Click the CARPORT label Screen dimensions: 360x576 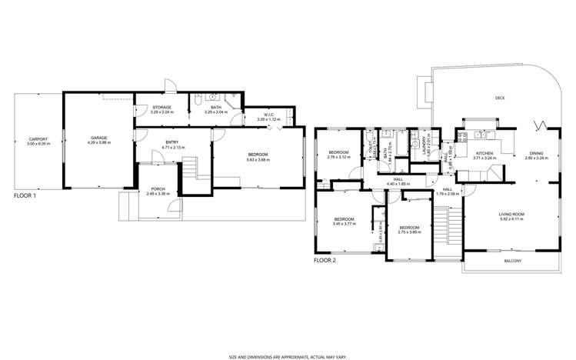(37, 139)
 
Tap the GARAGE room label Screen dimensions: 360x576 (98, 138)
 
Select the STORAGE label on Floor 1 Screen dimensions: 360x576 (161, 108)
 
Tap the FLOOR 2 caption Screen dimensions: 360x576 (325, 261)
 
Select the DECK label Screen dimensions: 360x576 (500, 98)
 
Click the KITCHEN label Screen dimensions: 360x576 (484, 154)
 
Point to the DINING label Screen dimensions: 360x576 (534, 154)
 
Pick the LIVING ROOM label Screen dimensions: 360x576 (511, 215)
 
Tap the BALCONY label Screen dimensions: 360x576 (513, 262)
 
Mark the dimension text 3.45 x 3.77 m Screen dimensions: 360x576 (344, 223)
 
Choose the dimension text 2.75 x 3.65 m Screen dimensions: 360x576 (409, 232)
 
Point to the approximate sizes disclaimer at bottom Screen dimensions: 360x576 (288, 357)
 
